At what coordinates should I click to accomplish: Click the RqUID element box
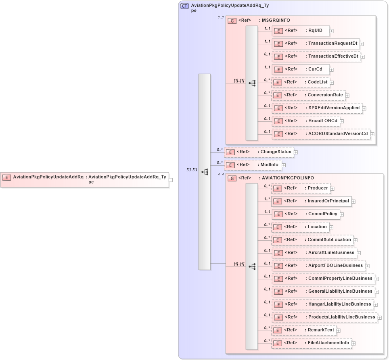coord(300,31)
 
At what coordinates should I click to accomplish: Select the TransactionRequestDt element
coord(316,44)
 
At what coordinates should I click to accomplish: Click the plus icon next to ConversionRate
coord(347,96)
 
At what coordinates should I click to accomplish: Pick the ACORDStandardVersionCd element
coord(321,134)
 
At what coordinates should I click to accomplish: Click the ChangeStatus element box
coord(259,152)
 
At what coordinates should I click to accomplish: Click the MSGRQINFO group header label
coord(276,20)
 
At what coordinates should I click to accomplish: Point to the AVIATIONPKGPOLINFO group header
coord(287,178)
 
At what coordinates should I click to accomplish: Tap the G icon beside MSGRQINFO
coord(232,21)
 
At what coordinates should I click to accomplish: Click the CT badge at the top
coord(184,6)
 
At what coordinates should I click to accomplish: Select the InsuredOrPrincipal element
coord(311,201)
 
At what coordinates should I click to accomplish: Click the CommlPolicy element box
coord(305,214)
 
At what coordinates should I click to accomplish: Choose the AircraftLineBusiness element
coord(314,253)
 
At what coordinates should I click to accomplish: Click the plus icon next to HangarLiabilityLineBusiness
coord(375,304)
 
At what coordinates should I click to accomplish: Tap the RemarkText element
coord(304,330)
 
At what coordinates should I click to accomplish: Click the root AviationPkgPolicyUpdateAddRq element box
coord(84,179)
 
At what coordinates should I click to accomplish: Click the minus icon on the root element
coord(171,180)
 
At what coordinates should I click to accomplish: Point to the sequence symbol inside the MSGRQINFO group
coord(252,83)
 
